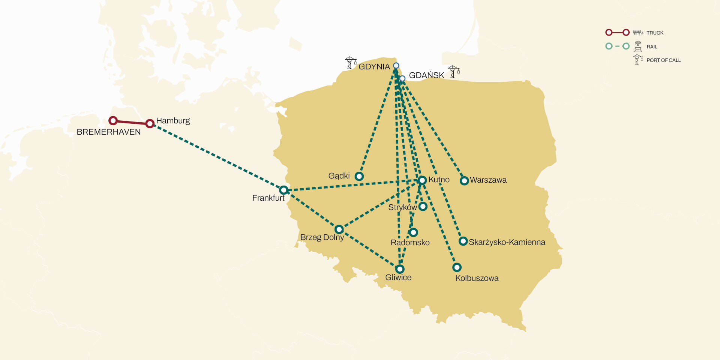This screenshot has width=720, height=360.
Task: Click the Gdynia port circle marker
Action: [396, 66]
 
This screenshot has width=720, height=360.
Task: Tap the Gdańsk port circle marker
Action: [402, 78]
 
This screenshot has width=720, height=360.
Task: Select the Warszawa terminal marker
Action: [464, 181]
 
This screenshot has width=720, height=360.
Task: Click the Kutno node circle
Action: [422, 180]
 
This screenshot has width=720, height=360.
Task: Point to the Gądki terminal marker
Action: [359, 176]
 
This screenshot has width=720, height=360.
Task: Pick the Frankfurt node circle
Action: [284, 190]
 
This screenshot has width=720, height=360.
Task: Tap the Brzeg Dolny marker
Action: [339, 229]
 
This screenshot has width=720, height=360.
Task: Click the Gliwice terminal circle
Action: [400, 269]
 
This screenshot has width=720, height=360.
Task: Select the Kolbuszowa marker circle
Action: [457, 267]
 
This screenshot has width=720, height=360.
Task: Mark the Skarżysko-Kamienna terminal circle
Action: [463, 241]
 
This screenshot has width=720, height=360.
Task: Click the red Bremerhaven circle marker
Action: [113, 120]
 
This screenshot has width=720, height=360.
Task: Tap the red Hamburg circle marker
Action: [150, 123]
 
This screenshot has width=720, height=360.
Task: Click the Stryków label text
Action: [402, 207]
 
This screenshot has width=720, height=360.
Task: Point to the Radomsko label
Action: [410, 243]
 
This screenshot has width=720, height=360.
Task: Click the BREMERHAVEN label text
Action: [109, 132]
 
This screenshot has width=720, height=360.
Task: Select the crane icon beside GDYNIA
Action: [350, 63]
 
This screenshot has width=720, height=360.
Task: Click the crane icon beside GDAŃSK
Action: [454, 72]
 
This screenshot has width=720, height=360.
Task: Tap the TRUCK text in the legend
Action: [655, 33]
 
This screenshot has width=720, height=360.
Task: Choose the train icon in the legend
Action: [638, 46]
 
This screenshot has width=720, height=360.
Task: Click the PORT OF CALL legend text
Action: [663, 60]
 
